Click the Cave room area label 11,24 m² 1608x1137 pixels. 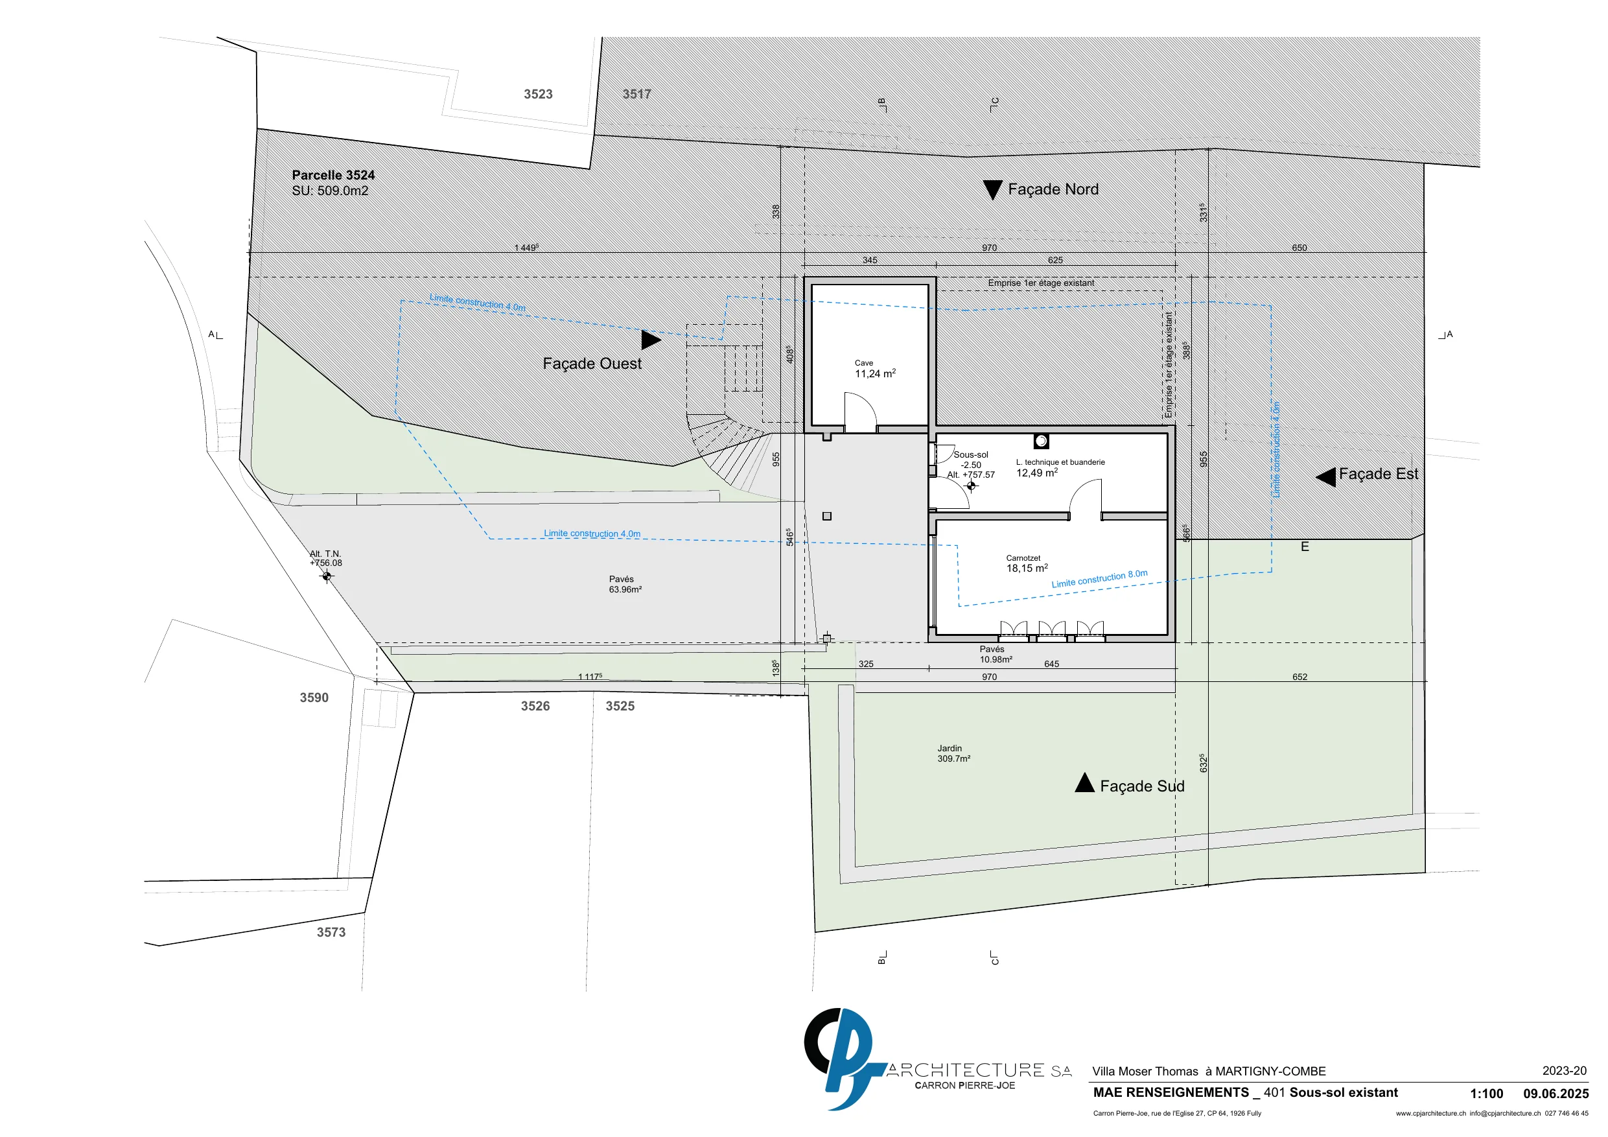875,373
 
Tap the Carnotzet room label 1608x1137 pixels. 1023,558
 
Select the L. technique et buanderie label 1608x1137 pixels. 1060,462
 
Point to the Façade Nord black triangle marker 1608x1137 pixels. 992,190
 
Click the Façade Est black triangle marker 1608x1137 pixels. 1326,477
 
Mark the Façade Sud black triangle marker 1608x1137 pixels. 1084,782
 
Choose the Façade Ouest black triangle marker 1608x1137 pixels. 651,340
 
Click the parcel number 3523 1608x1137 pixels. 538,94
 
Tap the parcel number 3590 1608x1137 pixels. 314,697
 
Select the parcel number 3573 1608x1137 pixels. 331,932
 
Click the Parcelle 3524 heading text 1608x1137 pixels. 333,175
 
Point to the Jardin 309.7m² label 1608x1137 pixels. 954,753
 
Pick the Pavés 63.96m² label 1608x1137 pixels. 625,584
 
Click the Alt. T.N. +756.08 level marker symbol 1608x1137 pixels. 327,576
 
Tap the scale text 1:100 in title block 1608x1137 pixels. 1486,1094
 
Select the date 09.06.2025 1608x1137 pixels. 1556,1094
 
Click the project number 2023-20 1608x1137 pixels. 1564,1071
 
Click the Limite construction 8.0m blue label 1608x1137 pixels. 1100,579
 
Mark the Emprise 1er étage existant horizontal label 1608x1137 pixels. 1041,283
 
